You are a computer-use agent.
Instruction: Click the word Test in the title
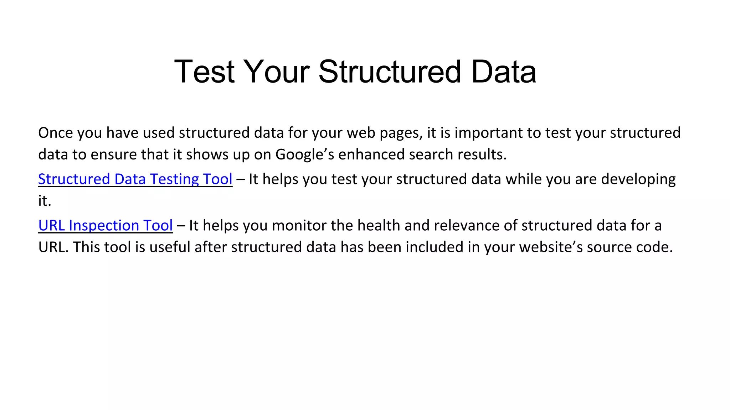pos(204,72)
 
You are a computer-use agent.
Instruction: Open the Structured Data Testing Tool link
pos(135,179)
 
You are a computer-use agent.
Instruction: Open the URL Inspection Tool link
pos(106,226)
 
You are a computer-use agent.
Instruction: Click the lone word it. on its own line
pos(45,201)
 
